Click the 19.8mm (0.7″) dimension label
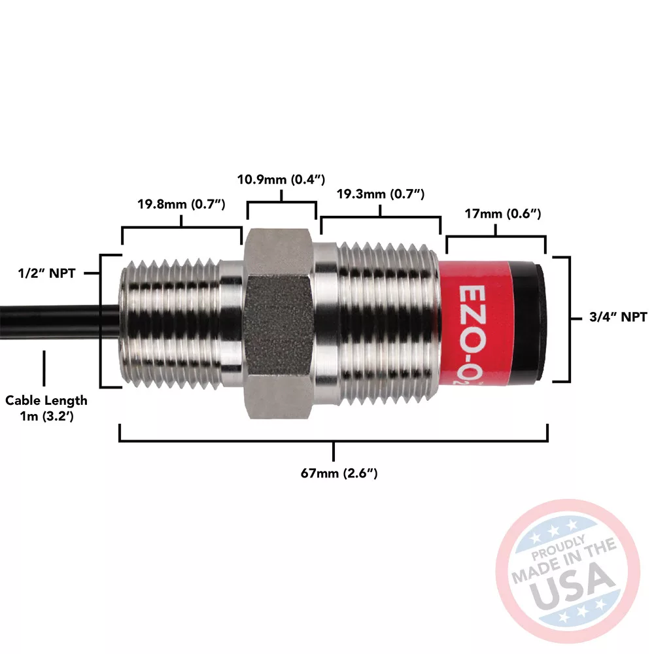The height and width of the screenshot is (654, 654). (x=181, y=204)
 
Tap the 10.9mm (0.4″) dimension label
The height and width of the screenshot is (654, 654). (x=281, y=179)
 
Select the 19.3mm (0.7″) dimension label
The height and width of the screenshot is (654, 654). (x=381, y=194)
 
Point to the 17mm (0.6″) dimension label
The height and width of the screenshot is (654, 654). (x=502, y=214)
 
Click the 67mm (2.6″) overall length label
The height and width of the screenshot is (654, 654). (x=339, y=473)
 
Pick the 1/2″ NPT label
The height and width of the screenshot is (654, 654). (x=46, y=273)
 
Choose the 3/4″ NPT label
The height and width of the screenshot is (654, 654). (x=618, y=317)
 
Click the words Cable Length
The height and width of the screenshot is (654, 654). (x=46, y=400)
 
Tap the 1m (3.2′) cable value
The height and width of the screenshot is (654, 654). (x=46, y=416)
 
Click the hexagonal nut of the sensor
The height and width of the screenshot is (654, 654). (x=278, y=323)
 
